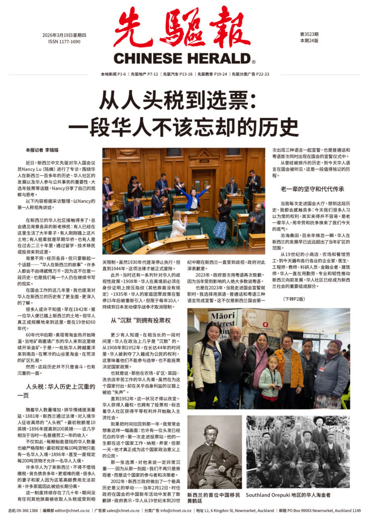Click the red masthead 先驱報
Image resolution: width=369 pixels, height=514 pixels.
click(181, 28)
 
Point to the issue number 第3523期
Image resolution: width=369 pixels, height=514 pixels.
click(309, 34)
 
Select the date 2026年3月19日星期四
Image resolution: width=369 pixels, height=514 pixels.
click(64, 35)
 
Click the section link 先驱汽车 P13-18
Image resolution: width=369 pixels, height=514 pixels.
click(177, 74)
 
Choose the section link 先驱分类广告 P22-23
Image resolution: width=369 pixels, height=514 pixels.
click(249, 74)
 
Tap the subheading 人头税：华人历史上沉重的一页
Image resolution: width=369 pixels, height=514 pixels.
click(54, 391)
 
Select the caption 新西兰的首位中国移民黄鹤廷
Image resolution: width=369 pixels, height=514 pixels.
click(214, 497)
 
